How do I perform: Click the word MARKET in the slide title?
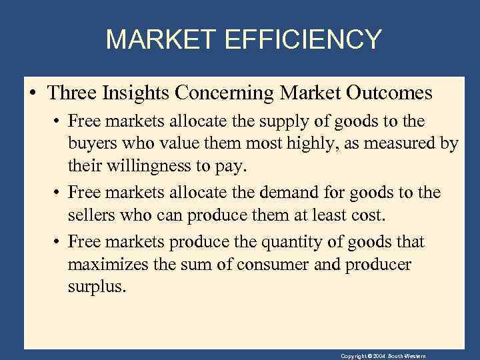[x=161, y=39]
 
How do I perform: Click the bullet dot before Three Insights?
[x=33, y=93]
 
